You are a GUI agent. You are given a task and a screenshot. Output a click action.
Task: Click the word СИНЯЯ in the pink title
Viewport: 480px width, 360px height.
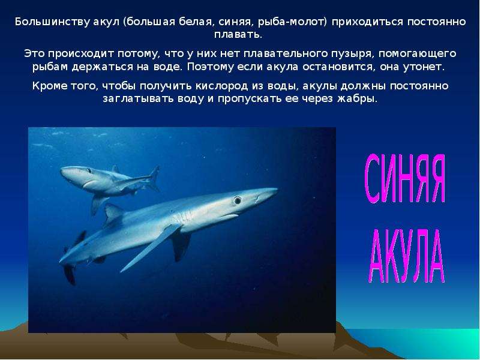coord(404,178)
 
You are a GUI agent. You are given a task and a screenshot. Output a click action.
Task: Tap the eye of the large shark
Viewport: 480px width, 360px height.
coord(237,200)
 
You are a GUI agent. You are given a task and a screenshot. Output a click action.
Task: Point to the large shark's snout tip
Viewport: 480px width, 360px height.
coord(277,190)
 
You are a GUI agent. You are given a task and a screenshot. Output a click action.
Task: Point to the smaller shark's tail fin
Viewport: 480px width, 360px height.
coord(154,178)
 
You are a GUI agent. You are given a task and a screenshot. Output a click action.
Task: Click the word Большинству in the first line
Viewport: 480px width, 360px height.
coord(52,22)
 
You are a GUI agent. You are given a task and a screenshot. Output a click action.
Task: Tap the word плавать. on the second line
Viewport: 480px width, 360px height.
coord(238,34)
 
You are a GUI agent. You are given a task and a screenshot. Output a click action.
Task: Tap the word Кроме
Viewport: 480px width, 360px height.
coord(50,86)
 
